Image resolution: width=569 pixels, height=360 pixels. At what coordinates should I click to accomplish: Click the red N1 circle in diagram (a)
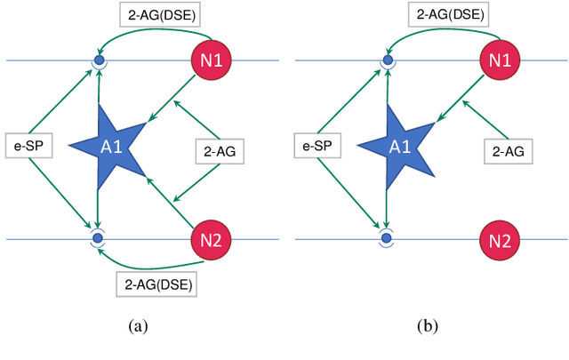(211, 61)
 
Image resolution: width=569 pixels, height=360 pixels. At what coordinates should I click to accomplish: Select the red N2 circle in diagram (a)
(211, 239)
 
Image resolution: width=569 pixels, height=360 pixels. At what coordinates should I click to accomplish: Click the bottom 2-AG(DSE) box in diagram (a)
(156, 284)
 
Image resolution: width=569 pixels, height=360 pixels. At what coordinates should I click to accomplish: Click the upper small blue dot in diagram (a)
(99, 61)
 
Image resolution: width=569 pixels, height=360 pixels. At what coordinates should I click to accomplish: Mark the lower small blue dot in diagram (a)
(99, 238)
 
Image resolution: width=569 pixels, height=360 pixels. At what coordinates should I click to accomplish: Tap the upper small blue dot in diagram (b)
(388, 61)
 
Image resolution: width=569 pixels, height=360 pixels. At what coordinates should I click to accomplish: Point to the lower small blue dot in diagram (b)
(388, 238)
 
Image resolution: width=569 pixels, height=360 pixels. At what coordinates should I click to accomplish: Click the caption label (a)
(138, 326)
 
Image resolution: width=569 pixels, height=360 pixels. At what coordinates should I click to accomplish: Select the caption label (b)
(428, 326)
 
